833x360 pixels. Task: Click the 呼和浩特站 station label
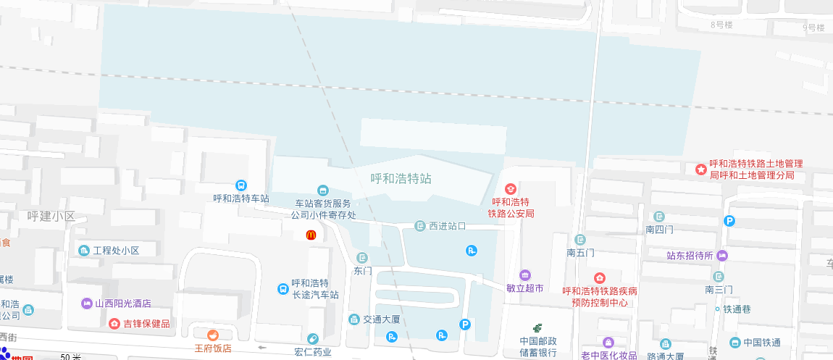pos(401,178)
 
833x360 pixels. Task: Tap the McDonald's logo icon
pos(310,235)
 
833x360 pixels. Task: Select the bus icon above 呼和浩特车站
pos(241,185)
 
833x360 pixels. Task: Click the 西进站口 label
pos(447,226)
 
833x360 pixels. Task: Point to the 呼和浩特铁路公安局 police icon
pos(511,188)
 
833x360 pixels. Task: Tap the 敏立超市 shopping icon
pos(524,275)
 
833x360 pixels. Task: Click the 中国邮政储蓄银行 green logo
pos(537,328)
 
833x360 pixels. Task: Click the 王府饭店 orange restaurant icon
pos(212,335)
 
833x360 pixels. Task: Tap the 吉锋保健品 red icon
pos(114,323)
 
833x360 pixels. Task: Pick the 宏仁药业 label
pos(312,352)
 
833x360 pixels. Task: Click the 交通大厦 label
pos(382,319)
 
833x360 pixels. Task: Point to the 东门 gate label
pos(362,271)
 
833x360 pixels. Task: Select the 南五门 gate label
pos(580,253)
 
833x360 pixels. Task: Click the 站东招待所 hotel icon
pos(722,255)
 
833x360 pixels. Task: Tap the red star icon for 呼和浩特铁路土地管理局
pos(700,169)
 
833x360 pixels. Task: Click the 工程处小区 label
pos(115,251)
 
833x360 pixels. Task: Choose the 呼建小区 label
pos(51,216)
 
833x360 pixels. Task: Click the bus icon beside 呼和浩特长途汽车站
pos(282,289)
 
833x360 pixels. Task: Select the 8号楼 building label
pos(722,25)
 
